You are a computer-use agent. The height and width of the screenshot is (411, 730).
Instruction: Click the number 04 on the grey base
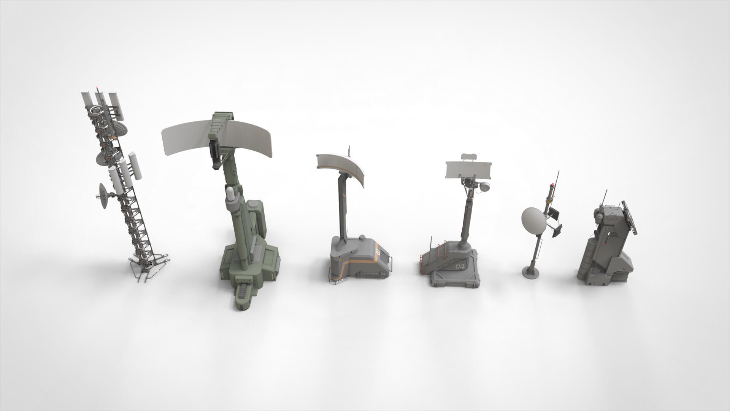[460, 266]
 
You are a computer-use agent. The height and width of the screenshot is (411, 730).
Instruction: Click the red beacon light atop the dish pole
[551, 185]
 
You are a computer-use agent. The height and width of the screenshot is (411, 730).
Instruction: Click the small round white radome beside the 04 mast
[486, 187]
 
